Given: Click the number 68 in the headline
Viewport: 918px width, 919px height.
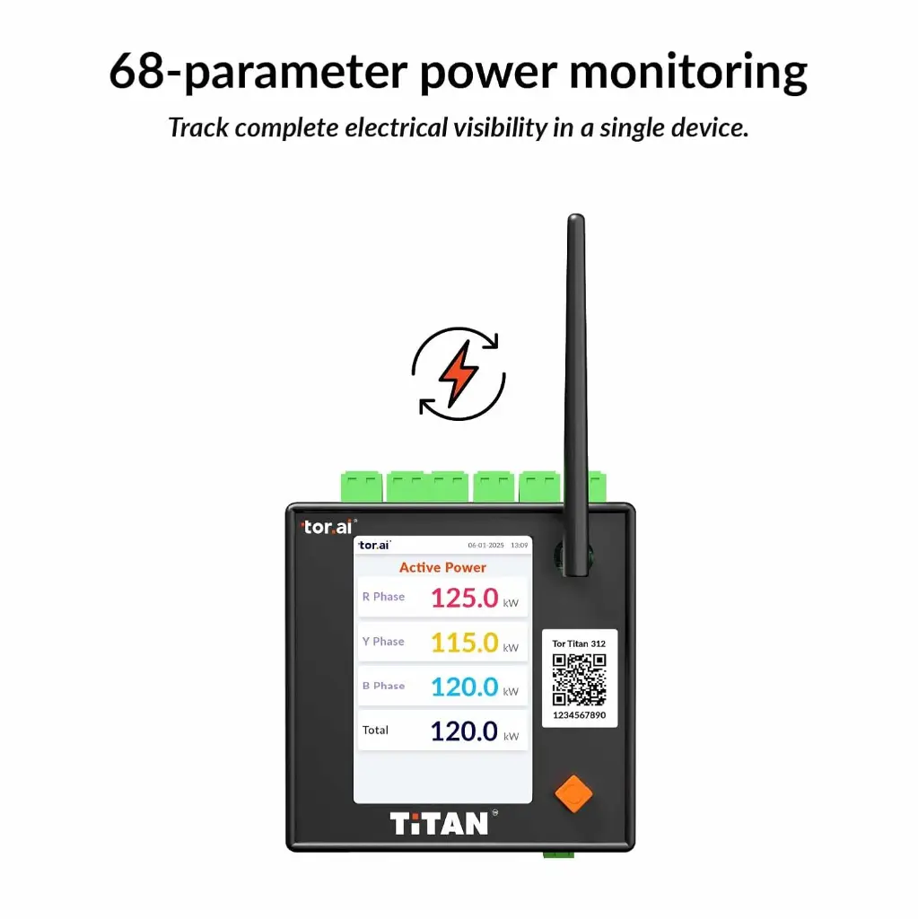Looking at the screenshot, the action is click(137, 72).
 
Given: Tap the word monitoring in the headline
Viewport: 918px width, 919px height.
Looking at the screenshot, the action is click(688, 73).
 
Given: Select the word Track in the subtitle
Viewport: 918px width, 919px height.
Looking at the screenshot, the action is click(198, 127).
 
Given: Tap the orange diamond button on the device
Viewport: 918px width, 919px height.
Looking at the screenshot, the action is click(573, 793).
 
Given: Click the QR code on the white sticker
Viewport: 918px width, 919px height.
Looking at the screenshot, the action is click(579, 680).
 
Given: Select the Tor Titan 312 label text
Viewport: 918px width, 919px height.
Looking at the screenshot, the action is click(579, 643).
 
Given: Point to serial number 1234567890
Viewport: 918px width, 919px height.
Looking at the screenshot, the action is click(579, 715).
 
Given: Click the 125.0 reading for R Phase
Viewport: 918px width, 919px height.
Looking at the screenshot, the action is click(464, 599).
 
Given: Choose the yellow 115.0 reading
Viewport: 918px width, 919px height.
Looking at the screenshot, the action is click(464, 643).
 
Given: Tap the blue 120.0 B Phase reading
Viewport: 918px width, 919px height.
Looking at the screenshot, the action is click(464, 687).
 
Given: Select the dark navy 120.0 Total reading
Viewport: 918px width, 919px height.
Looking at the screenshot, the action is click(464, 731).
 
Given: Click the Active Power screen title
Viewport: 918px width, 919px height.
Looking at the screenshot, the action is click(442, 567).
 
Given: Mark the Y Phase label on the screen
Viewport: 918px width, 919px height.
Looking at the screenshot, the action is click(383, 642).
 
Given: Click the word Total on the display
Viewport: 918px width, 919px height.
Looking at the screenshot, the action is click(375, 731).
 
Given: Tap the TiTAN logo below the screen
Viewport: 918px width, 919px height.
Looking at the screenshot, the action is click(440, 824).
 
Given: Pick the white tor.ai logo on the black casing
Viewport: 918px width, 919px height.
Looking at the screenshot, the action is click(328, 527).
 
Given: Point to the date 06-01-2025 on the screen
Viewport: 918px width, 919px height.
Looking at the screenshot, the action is click(485, 545).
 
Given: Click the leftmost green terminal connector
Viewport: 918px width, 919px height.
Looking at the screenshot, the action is click(361, 487).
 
